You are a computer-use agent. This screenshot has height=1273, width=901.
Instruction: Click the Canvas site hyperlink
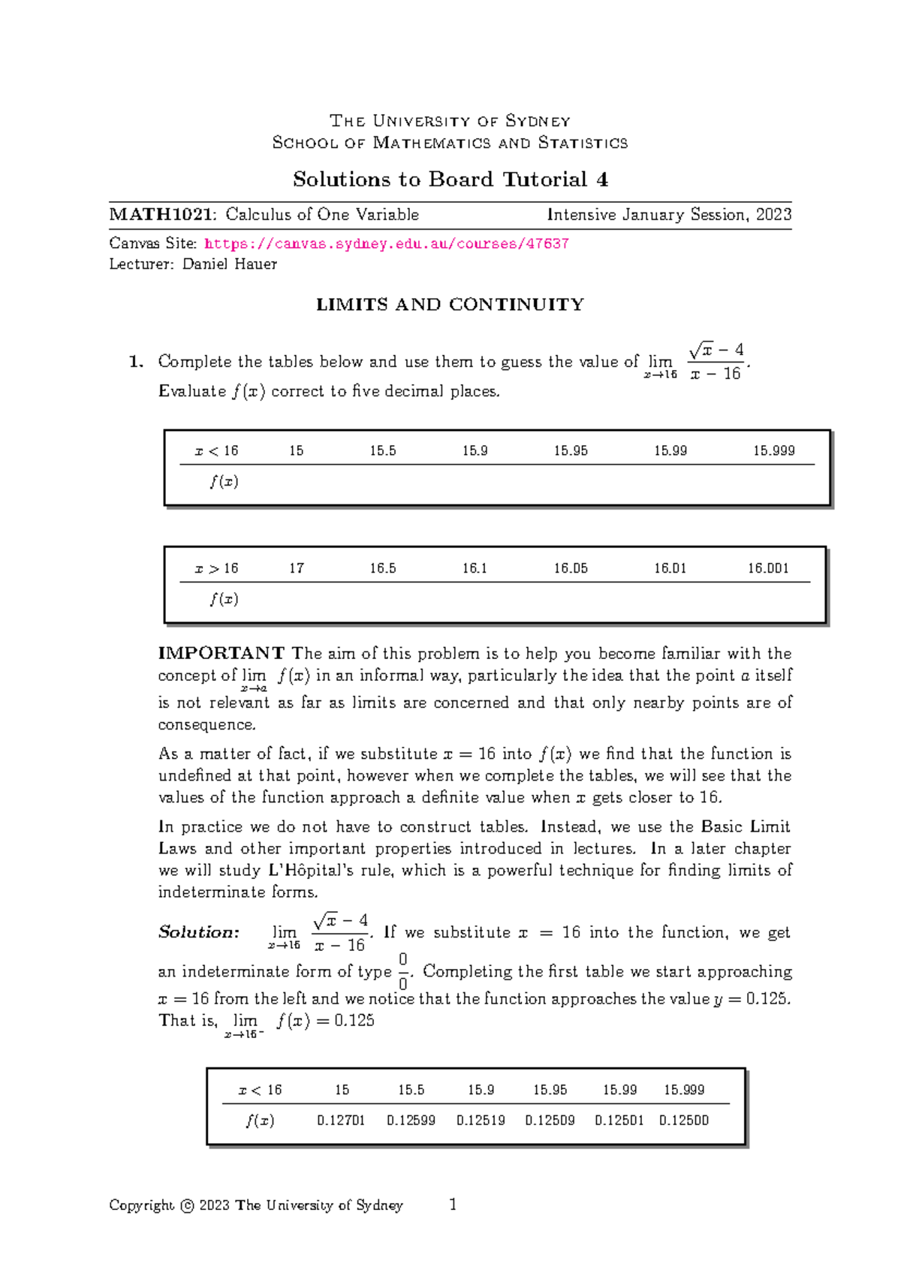pyautogui.click(x=386, y=244)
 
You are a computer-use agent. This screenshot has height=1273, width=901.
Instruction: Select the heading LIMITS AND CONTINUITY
pyautogui.click(x=450, y=305)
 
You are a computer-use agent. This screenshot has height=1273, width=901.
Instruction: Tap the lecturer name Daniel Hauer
pyautogui.click(x=229, y=264)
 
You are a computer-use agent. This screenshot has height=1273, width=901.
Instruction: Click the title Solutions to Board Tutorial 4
pyautogui.click(x=450, y=179)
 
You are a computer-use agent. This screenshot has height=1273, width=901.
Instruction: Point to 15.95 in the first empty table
pyautogui.click(x=571, y=451)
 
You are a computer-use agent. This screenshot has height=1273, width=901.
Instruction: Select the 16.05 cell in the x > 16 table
pyautogui.click(x=571, y=568)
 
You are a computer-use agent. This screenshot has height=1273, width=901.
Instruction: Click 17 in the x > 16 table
pyautogui.click(x=297, y=568)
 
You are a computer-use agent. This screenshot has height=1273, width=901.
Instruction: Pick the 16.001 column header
pyautogui.click(x=767, y=568)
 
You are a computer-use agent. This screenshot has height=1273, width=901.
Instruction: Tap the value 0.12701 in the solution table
pyautogui.click(x=341, y=1121)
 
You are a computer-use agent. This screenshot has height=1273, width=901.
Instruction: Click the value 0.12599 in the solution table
pyautogui.click(x=411, y=1121)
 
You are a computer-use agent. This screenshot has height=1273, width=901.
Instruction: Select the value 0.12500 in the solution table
pyautogui.click(x=683, y=1121)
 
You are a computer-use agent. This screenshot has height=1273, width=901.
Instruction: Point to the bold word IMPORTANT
pyautogui.click(x=221, y=653)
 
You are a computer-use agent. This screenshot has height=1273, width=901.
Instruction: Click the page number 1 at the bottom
pyautogui.click(x=453, y=1205)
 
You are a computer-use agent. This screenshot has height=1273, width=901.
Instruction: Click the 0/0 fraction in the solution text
pyautogui.click(x=403, y=971)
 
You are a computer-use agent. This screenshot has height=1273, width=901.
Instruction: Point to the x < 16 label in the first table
pyautogui.click(x=216, y=451)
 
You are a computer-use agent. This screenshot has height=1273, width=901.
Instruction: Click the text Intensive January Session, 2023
pyautogui.click(x=669, y=215)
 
